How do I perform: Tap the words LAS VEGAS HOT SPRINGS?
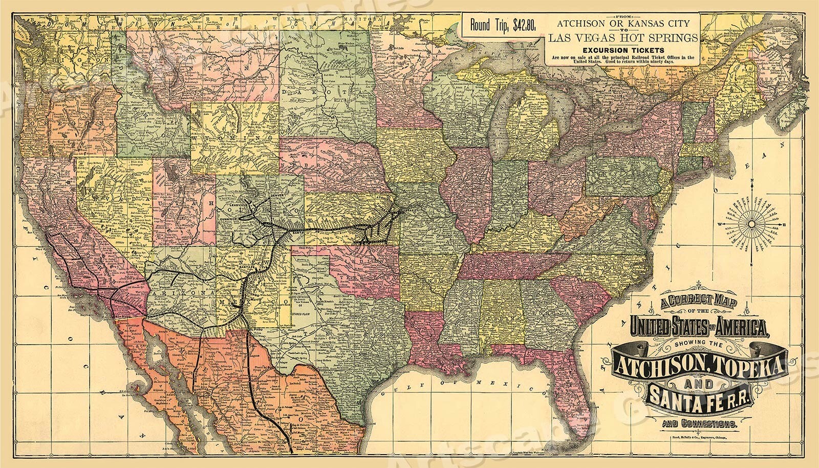623,37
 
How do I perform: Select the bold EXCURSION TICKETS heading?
622,50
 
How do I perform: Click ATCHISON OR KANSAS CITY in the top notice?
622,23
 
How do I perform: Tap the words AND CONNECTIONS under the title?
699,423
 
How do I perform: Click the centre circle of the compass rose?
751,224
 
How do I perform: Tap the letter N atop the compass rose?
751,181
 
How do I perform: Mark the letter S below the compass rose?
751,267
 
